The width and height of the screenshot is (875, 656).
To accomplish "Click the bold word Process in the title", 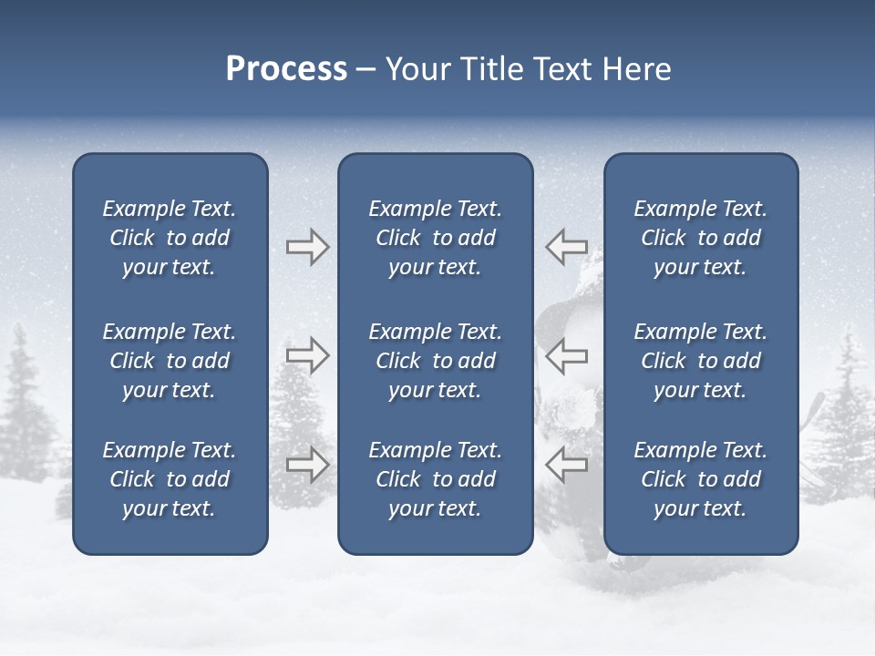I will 286,69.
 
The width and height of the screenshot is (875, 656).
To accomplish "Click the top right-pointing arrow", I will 307,247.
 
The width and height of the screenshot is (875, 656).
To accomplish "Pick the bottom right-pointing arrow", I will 307,465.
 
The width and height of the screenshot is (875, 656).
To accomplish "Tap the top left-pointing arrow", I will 566,247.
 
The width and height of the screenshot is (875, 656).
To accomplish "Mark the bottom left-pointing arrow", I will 566,465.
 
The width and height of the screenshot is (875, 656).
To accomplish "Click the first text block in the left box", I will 170,238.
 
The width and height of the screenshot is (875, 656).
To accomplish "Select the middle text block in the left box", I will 170,361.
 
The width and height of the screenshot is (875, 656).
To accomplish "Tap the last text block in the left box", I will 170,479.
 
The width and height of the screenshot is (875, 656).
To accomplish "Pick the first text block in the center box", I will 435,238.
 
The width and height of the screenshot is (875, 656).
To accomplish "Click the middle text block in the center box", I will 435,361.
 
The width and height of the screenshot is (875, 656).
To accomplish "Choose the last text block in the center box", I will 435,479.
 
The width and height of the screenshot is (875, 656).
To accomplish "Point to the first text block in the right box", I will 700,238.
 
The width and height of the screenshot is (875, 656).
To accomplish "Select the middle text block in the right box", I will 700,361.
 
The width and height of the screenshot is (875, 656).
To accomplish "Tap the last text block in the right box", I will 700,479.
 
